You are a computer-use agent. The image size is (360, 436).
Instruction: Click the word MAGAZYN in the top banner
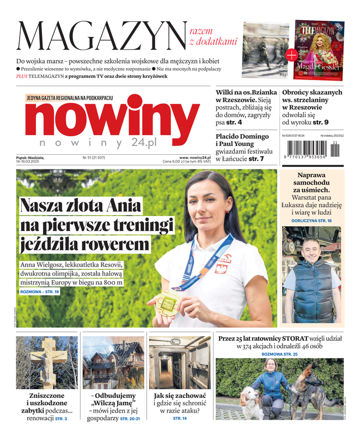101,37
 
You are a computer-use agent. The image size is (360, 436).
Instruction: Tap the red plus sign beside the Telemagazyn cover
291,54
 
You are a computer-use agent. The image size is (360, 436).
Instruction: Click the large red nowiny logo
105,118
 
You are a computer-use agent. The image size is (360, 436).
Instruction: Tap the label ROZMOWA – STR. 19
39,292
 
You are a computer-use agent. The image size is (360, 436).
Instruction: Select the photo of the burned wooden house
113,362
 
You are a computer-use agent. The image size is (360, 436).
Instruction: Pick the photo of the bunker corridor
180,362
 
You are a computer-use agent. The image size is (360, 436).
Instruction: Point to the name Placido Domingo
242,136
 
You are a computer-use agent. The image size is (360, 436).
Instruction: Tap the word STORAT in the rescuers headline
310,338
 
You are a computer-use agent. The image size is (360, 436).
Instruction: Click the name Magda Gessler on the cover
318,66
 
